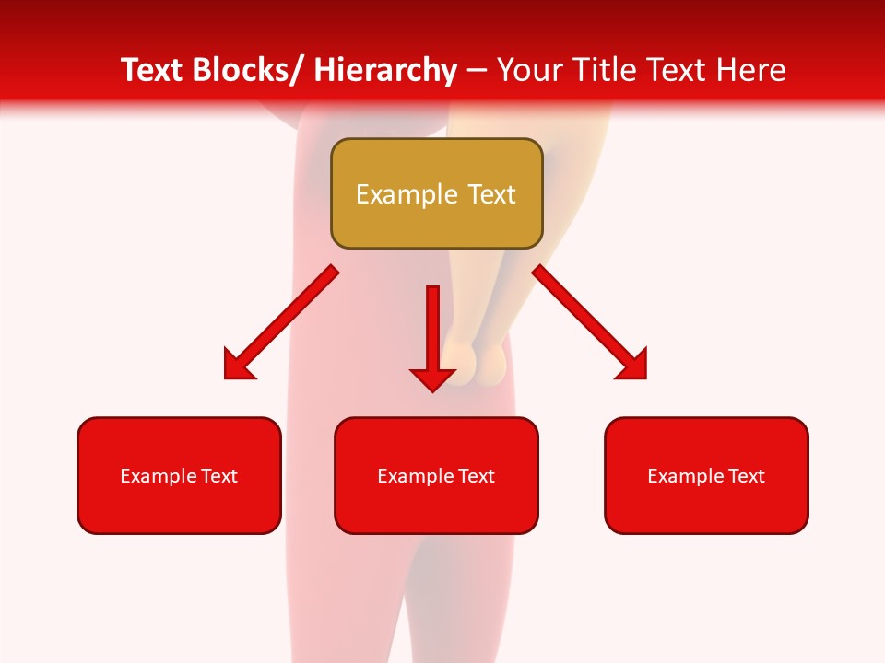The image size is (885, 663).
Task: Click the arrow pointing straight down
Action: (x=432, y=336)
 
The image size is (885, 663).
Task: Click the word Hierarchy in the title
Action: (x=385, y=70)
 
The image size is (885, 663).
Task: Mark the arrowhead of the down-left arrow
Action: (x=236, y=366)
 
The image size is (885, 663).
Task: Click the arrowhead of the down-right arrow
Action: (x=634, y=366)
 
